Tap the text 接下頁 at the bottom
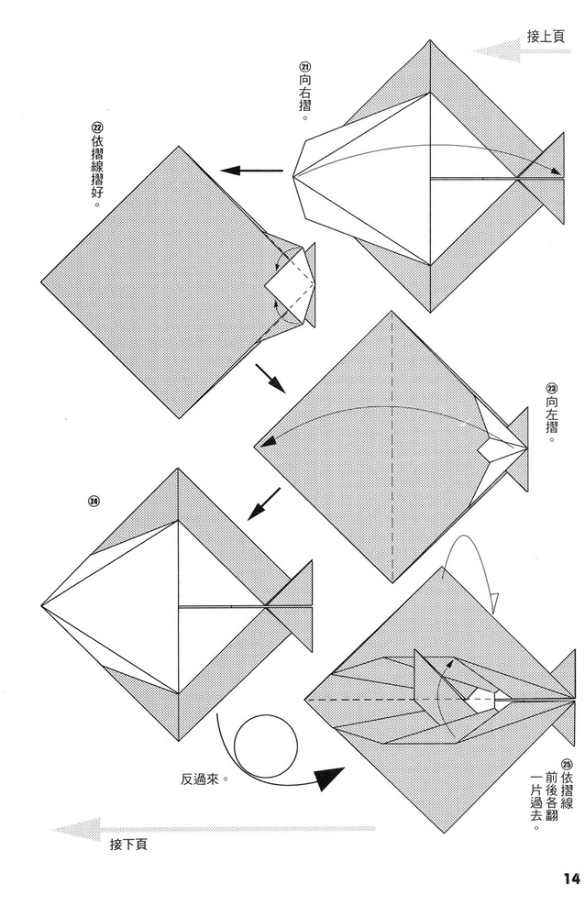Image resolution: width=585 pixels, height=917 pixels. coord(129,843)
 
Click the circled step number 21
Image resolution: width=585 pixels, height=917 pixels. coord(304,66)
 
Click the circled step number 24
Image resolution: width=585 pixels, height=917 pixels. coord(94,501)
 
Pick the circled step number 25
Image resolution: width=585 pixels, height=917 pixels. coord(566,763)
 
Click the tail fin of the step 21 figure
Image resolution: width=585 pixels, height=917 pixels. coord(551,176)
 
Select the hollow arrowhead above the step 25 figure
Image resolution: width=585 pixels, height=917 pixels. coord(491,602)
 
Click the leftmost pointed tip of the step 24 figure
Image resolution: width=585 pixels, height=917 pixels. coord(43,605)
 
